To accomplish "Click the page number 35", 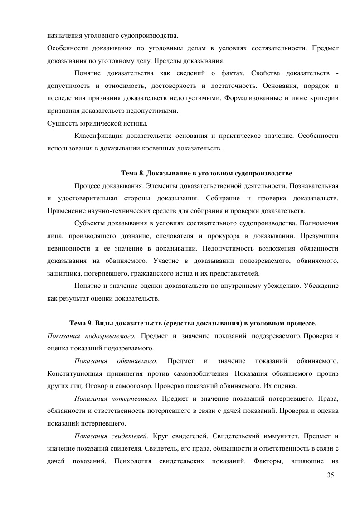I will [330, 475].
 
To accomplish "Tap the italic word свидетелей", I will [130, 436].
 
